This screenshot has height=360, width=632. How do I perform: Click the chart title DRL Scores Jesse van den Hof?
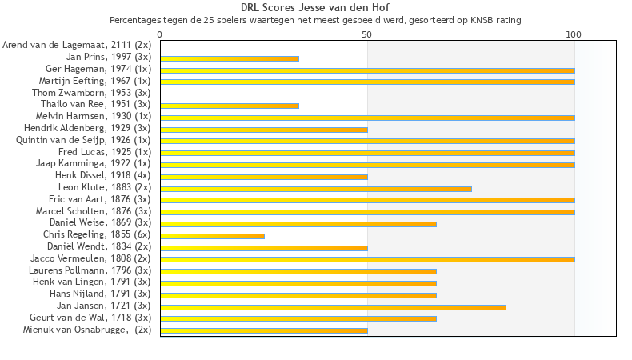pos(315,8)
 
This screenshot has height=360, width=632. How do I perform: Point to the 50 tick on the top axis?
pos(367,35)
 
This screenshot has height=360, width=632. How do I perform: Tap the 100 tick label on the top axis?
pos(574,35)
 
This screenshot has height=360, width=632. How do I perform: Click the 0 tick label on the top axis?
pos(160,35)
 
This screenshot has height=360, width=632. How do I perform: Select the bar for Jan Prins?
pos(230,58)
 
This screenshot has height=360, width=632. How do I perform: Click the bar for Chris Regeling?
pos(212,236)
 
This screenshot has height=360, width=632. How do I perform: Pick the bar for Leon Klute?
pos(316,189)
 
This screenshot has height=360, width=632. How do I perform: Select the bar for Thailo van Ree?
pos(230,106)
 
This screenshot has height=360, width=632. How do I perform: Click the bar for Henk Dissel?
pos(264,177)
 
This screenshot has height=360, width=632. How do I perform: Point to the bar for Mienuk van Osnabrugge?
pos(264,330)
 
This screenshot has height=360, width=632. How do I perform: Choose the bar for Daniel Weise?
pos(298,224)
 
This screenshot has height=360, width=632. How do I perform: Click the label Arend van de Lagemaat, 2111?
pos(77,46)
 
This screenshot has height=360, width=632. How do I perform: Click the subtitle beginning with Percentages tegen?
pos(315,19)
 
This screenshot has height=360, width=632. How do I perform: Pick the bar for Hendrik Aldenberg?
pos(264,130)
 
